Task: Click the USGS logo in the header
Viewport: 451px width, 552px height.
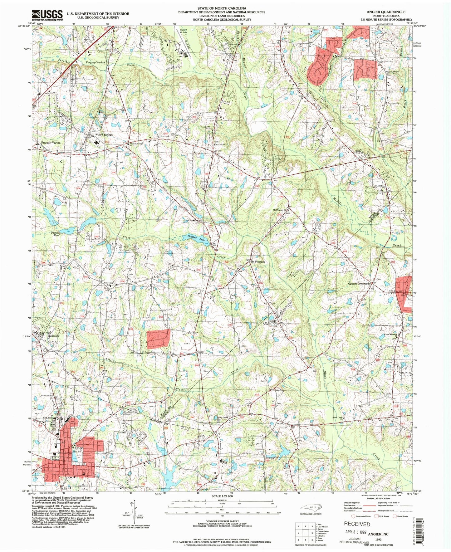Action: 47,15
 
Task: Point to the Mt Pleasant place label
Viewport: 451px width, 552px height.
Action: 258,262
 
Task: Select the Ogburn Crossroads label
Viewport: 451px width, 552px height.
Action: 359,284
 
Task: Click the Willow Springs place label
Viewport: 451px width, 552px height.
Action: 104,134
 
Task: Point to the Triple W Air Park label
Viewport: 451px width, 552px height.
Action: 183,31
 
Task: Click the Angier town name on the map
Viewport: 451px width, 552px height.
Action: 77,448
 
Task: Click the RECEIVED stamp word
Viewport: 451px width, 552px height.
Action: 357,524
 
